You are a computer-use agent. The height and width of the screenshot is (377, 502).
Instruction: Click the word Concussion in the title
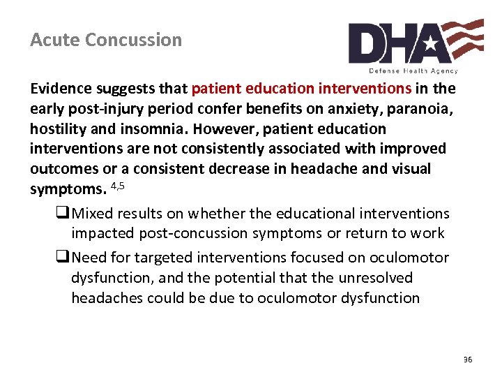click(x=133, y=40)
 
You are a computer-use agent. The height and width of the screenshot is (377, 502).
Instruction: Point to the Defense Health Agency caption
click(x=413, y=71)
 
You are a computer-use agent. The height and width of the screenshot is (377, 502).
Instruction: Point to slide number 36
click(x=467, y=359)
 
